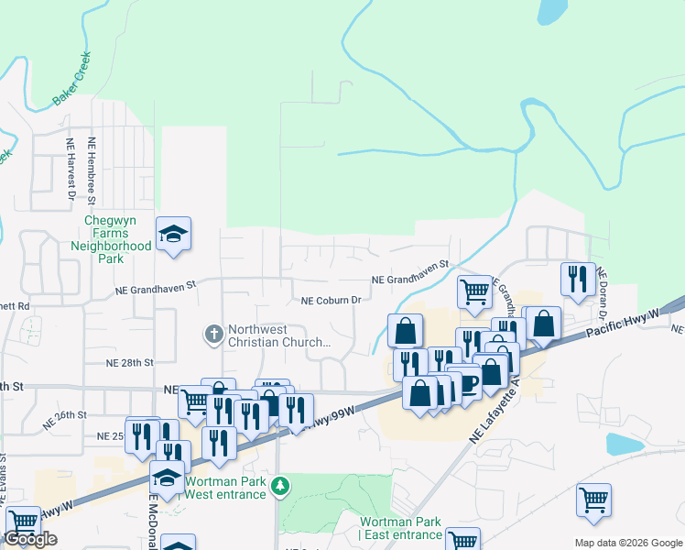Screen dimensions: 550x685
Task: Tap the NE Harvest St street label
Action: point(70,169)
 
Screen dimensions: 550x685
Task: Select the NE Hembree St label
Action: point(92,169)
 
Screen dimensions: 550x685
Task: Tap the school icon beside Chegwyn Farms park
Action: point(172,234)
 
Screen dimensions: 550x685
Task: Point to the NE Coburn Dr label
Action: point(332,300)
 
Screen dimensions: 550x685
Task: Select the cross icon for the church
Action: point(213,334)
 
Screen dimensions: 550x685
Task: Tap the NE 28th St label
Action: point(129,363)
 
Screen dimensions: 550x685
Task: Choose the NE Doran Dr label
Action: point(602,286)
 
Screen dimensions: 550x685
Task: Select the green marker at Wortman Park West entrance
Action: point(283,484)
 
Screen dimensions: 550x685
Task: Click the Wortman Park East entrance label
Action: point(401,528)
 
